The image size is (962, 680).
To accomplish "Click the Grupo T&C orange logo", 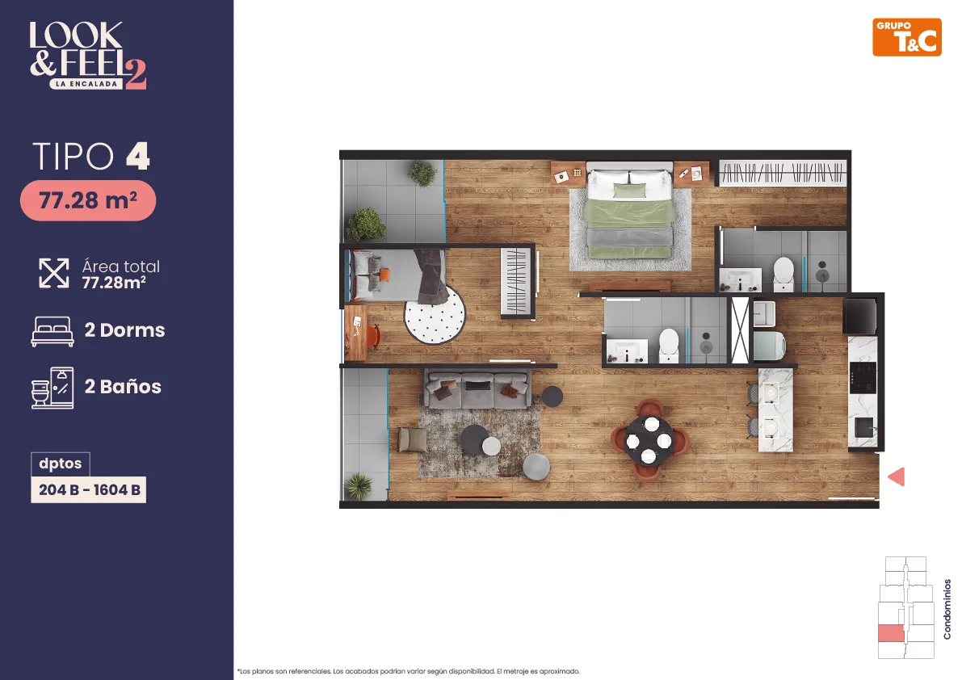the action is point(907,37).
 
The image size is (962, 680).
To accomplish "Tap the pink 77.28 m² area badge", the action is point(88,200).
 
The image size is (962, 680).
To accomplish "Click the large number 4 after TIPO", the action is point(138,156).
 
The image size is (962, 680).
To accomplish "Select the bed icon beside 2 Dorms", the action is point(53,331).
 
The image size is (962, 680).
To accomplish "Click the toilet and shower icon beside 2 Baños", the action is point(53,388).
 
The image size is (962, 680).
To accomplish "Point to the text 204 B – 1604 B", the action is point(89,490).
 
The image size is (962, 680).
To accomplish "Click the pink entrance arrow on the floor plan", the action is point(897,476).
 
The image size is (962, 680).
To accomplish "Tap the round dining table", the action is point(649,439).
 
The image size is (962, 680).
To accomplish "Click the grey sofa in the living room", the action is point(477,389).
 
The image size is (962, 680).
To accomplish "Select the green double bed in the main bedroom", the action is point(629,212).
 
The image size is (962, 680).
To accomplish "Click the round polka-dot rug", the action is point(435,314).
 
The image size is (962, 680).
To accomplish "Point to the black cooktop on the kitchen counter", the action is point(862,377).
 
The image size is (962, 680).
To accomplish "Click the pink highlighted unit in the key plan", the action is point(891,633).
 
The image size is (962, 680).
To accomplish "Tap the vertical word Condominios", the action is point(947,610).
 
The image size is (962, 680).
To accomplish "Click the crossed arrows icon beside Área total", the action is point(54,273).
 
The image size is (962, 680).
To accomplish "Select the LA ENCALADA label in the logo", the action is point(86,84).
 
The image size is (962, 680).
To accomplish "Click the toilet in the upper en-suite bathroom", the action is point(783,273).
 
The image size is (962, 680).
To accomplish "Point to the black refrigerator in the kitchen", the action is point(859,315).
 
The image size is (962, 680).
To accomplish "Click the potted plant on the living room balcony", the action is point(359,486).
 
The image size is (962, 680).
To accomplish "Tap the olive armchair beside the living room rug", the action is point(411,439).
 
